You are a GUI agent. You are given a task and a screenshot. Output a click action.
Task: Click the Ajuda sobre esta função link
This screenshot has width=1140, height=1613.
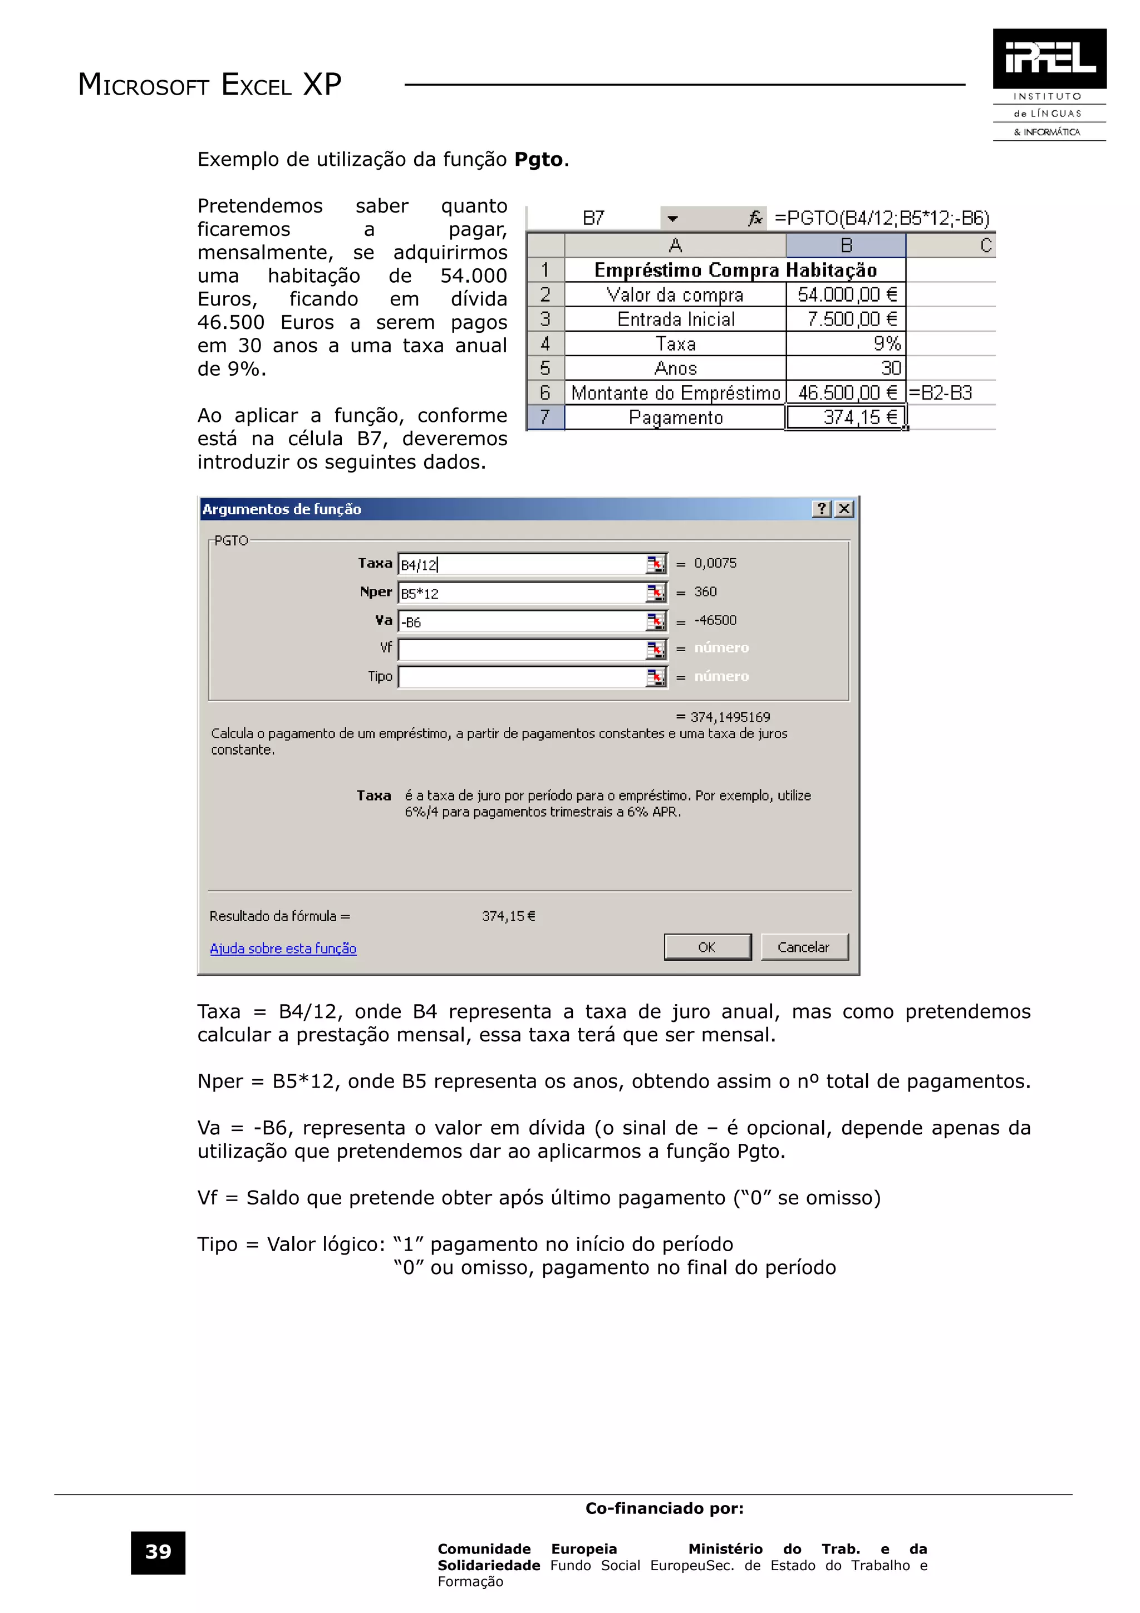tap(283, 948)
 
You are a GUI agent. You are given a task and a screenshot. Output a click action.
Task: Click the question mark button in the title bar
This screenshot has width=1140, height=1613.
tap(821, 509)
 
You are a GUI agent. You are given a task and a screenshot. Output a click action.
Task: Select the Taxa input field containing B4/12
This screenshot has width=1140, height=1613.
tap(522, 565)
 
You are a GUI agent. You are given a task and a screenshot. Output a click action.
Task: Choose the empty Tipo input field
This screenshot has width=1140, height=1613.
tap(522, 677)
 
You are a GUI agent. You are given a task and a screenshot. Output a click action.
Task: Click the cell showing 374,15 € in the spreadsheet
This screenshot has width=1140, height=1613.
tap(846, 417)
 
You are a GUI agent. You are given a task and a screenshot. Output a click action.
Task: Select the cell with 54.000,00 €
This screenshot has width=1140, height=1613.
tap(846, 294)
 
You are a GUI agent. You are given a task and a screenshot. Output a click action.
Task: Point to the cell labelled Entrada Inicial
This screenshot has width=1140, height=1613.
tap(675, 319)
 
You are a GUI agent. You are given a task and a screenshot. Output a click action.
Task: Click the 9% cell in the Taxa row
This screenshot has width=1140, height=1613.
tap(846, 343)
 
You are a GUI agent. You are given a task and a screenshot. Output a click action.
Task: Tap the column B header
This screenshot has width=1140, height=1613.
tap(846, 245)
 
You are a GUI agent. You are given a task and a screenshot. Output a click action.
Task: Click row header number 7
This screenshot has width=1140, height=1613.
tap(545, 417)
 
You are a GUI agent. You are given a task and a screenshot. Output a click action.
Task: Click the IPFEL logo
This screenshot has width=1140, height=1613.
tap(1049, 59)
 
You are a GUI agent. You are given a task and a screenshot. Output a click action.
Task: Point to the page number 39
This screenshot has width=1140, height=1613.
tap(158, 1552)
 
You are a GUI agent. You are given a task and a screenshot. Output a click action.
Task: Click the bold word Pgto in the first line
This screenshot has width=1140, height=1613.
tap(539, 160)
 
